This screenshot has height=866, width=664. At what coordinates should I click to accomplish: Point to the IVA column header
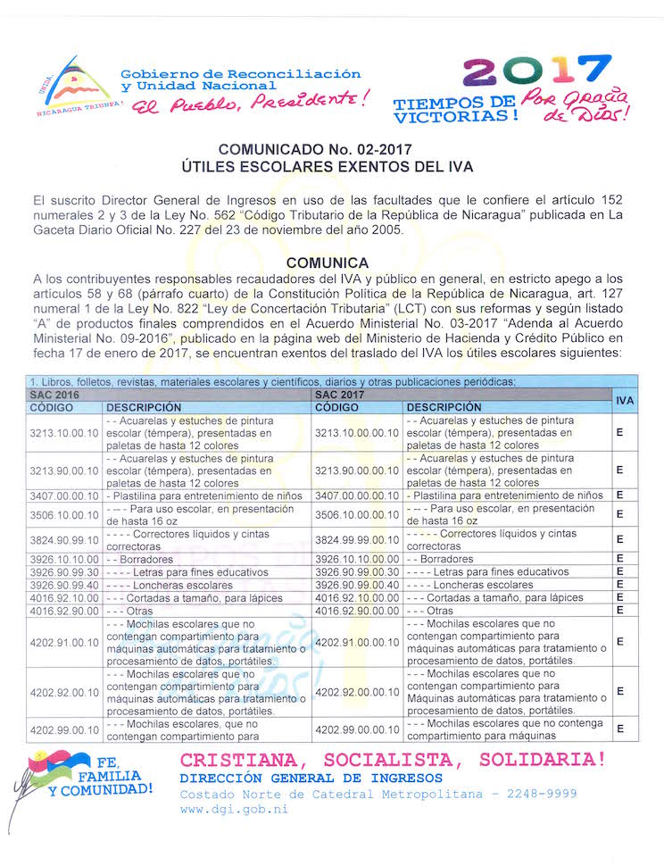pos(625,400)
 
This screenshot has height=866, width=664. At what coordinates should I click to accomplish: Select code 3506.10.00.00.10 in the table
pos(356,514)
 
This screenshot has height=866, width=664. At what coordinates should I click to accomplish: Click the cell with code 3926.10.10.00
pos(63,559)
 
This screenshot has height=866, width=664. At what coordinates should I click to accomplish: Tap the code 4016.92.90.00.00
pos(356,610)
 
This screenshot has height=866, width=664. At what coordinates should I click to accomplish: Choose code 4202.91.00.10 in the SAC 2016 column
pos(63,641)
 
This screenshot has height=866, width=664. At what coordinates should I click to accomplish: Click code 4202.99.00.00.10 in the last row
pos(356,729)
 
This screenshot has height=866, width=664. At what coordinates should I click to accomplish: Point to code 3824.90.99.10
pos(63,539)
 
